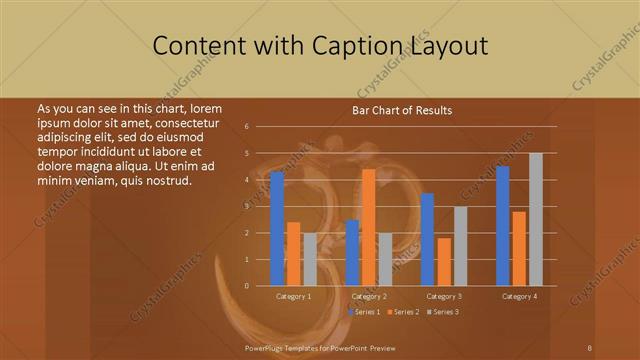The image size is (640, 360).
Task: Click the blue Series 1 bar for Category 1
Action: pos(277,229)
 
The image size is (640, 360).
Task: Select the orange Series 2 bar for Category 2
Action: pos(368,227)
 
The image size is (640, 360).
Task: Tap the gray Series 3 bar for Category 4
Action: pos(535,219)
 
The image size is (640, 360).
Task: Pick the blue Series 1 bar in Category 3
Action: pos(427,239)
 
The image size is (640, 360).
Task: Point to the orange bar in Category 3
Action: pos(443,262)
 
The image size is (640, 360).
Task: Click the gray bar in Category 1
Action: pos(309,259)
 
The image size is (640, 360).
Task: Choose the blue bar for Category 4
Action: pos(502,226)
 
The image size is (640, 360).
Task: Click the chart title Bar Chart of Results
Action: pos(402,110)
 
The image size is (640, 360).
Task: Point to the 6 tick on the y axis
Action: pos(246,127)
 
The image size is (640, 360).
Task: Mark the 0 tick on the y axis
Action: pos(246,286)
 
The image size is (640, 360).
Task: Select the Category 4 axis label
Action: pos(518,296)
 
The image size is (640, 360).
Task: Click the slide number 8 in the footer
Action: pos(590,346)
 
